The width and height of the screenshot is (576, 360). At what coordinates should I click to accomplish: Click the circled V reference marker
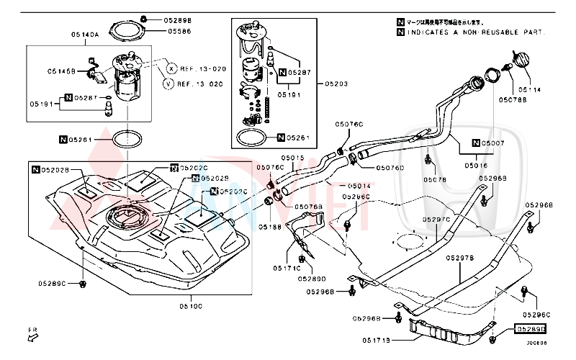[x=168, y=84]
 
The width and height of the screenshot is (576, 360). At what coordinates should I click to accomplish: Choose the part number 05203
[x=336, y=84]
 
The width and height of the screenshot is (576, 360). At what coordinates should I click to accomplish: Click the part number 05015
[x=293, y=158]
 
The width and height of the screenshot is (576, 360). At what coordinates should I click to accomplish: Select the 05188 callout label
[x=271, y=228]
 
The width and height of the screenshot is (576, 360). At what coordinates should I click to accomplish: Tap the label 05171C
[x=286, y=268]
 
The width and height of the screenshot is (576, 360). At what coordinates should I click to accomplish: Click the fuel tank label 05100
[x=191, y=305]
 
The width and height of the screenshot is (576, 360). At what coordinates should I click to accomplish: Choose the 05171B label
[x=377, y=339]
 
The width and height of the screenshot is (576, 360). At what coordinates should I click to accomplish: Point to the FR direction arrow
[x=33, y=334]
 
